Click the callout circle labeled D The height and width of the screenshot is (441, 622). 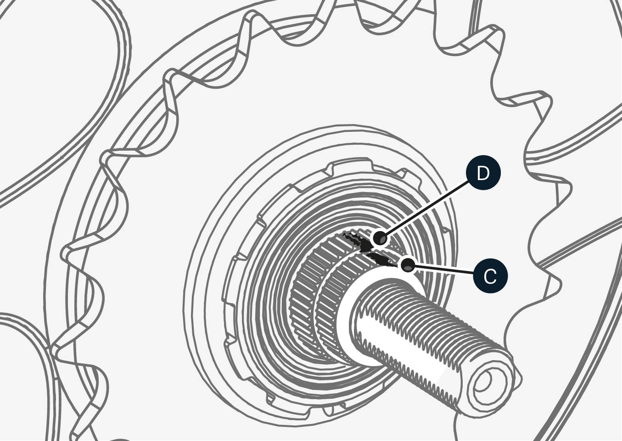pos(483,173)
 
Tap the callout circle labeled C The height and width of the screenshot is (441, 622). pos(490,277)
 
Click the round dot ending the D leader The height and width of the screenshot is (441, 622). pos(380,238)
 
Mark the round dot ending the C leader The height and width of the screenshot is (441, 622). pos(407,265)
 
